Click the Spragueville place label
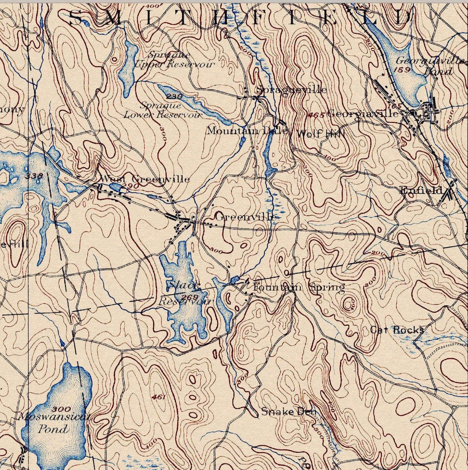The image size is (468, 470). click(292, 89)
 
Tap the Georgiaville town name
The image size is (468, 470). click(363, 114)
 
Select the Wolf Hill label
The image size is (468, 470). click(320, 134)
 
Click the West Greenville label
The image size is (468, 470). click(144, 179)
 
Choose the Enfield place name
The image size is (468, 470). click(421, 191)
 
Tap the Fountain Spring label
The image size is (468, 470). click(299, 287)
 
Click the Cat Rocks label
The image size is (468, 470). click(397, 330)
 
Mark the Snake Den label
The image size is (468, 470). click(289, 412)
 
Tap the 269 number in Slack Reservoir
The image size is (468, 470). click(189, 298)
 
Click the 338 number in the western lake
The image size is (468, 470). click(34, 175)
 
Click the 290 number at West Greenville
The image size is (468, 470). click(131, 186)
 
